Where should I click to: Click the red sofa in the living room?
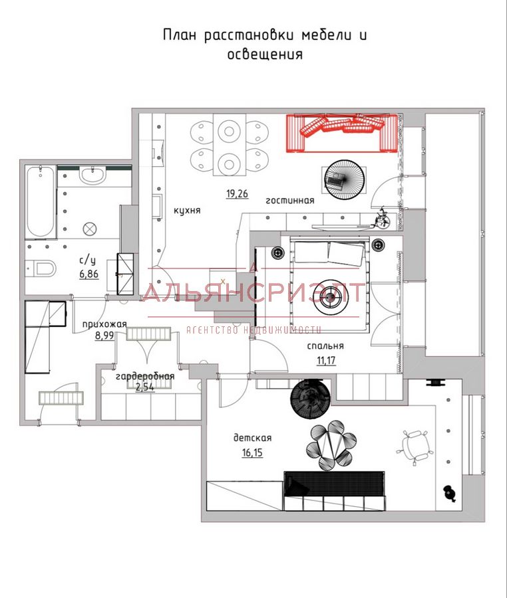point(343,133)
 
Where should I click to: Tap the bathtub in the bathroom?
point(41,202)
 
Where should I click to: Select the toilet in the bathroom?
point(41,268)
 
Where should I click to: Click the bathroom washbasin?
point(92,175)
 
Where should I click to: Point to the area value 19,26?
point(237,194)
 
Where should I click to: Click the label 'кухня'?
point(187,210)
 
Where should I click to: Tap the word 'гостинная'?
point(290,200)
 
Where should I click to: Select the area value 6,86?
point(89,274)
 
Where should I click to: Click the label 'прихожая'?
point(104,324)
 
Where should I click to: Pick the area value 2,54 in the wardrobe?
point(144,387)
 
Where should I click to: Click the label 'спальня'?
point(325,346)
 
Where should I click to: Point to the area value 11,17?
point(326,360)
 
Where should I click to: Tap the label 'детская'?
point(252,438)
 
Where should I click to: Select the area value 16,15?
point(252,452)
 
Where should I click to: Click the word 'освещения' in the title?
point(265,54)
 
